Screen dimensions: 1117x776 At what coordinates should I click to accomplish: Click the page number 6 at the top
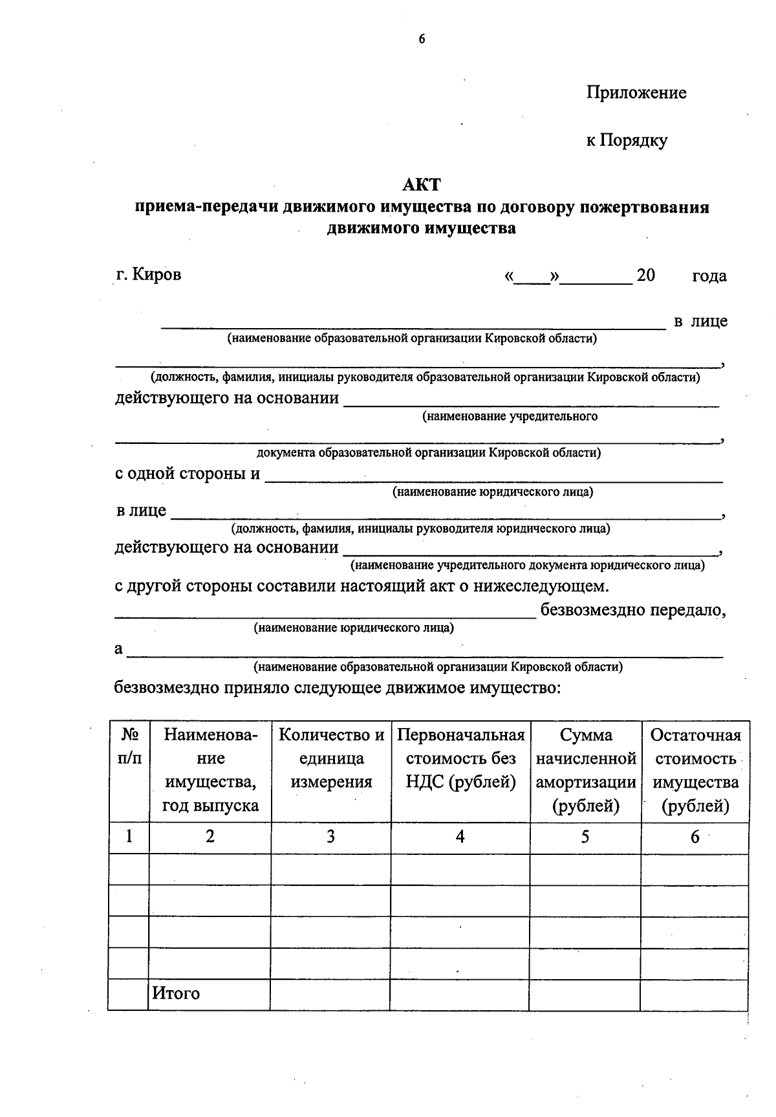point(422,39)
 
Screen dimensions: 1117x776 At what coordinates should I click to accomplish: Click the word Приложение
point(636,93)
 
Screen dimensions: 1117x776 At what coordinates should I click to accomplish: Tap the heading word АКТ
point(422,185)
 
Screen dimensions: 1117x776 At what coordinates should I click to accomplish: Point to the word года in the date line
point(709,276)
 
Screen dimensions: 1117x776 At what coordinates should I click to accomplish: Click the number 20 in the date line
point(645,276)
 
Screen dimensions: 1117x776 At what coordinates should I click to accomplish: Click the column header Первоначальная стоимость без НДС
point(460,758)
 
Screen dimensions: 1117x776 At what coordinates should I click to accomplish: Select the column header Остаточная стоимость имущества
point(695,770)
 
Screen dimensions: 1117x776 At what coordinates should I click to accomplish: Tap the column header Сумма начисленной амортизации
point(586,770)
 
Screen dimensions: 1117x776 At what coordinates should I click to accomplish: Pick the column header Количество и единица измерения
point(331,758)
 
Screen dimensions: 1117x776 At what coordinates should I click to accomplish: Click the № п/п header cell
point(129,746)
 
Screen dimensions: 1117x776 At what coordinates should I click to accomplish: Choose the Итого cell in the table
point(176,993)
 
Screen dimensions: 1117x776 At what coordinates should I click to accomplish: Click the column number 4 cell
point(460,837)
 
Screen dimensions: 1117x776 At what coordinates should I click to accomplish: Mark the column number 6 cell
point(695,837)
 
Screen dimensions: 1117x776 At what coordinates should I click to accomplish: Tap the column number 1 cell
point(129,837)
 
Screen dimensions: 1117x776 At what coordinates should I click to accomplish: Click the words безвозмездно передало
point(632,610)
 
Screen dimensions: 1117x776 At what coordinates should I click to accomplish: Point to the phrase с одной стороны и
point(188,474)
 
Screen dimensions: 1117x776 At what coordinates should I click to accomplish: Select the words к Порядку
point(627,140)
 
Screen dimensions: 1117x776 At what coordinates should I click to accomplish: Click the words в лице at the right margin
point(700,321)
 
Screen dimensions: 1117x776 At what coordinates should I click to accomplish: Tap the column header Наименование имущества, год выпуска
point(210,770)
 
